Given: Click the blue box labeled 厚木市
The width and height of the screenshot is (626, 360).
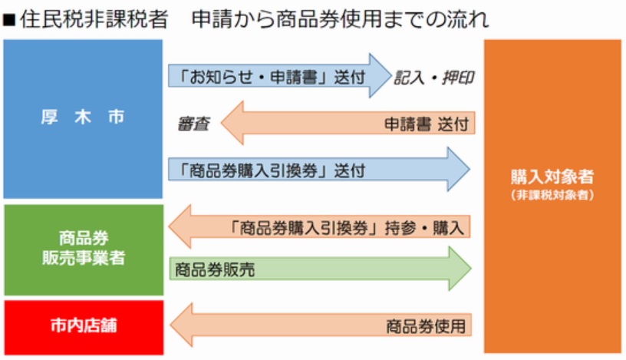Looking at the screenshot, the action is click(83, 119).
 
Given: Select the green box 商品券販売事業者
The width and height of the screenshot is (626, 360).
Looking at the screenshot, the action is click(84, 249).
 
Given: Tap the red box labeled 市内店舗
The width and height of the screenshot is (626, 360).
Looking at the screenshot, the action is click(84, 327).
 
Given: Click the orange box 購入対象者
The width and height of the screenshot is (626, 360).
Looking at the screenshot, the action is click(552, 197).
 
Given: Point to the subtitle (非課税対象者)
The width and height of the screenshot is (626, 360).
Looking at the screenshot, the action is click(552, 195).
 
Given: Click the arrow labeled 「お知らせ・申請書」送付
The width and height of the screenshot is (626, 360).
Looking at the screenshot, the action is click(279, 75).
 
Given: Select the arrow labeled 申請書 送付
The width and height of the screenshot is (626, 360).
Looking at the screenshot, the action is click(348, 123).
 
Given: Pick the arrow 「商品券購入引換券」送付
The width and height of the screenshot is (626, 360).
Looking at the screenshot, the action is click(319, 170).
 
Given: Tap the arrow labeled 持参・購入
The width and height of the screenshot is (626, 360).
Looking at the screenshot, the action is click(319, 226).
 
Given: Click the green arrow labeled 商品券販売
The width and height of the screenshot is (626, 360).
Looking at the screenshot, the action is click(321, 268).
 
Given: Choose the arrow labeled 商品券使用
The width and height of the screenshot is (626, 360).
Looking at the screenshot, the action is click(321, 325).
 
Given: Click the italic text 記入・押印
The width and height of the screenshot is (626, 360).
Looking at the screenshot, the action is click(434, 78).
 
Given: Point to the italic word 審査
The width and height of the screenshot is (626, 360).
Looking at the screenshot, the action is click(193, 124).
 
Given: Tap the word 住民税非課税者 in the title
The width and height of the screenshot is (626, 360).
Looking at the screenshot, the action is click(94, 19).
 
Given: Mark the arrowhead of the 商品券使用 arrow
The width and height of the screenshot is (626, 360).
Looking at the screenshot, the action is click(182, 325).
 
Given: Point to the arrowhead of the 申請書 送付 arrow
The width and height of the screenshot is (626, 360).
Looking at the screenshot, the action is click(232, 123).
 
